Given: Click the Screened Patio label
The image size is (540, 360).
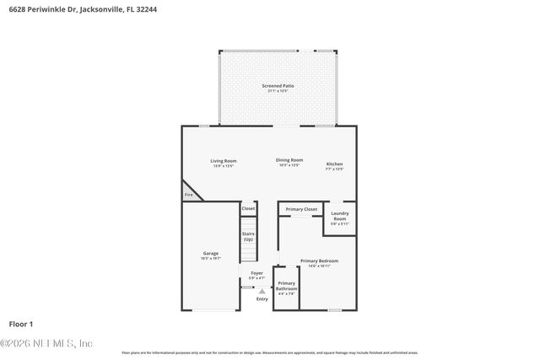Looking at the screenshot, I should click(277, 86).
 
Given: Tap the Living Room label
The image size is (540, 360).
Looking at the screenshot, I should click(224, 161).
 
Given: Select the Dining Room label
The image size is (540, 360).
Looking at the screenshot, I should click(289, 160).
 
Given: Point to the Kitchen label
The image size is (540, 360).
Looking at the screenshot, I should click(335, 164).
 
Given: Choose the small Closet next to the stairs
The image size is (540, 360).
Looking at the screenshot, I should click(248, 208).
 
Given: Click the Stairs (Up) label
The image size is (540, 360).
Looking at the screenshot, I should click(248, 236).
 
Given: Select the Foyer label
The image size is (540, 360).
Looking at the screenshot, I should click(257, 273).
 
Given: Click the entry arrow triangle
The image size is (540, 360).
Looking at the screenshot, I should click(262, 291).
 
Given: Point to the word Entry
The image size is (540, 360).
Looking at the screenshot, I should click(262, 298).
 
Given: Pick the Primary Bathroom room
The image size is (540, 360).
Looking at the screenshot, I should click(286, 288).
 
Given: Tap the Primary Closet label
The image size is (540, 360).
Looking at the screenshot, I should click(301, 209).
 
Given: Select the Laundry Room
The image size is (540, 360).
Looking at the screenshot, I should click(340, 218).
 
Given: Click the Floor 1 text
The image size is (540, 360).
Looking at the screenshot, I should click(21, 324).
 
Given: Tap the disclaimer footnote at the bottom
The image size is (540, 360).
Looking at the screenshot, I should click(270, 352).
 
